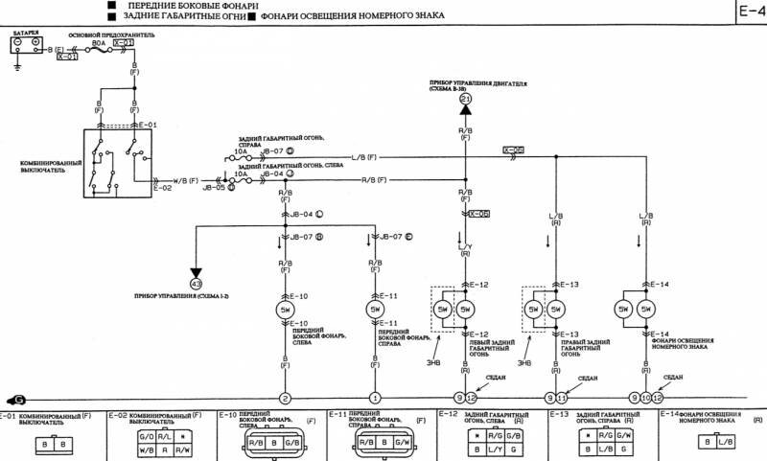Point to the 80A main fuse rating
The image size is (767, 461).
click(x=97, y=43)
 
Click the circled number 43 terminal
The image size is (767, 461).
click(x=197, y=284)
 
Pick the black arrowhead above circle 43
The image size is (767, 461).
click(x=197, y=269)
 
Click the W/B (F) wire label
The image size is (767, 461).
click(x=186, y=178)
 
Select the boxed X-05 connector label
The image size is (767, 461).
click(x=514, y=150)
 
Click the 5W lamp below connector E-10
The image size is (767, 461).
click(x=285, y=311)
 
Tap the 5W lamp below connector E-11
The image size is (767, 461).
click(x=375, y=311)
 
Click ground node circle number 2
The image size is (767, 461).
click(x=285, y=398)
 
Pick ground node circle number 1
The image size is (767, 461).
click(x=375, y=398)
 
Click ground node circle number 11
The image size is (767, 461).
click(x=562, y=398)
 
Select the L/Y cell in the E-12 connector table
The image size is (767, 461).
click(x=493, y=449)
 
